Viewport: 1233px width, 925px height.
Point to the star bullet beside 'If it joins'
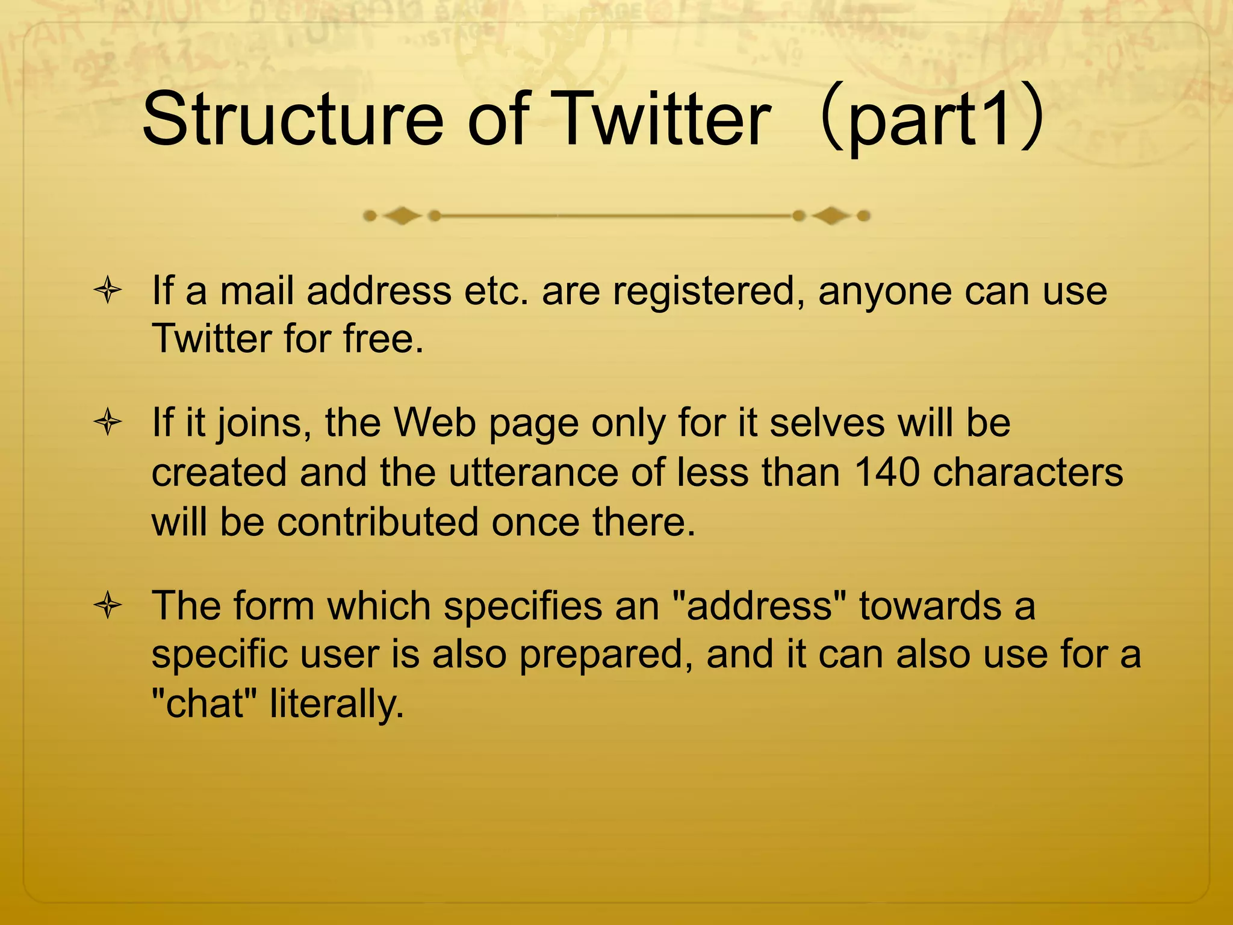tap(108, 422)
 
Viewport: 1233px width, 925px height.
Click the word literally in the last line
tap(337, 704)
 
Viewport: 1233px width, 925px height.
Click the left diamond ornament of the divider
tap(402, 216)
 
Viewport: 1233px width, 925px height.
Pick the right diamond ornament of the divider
tap(831, 216)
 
